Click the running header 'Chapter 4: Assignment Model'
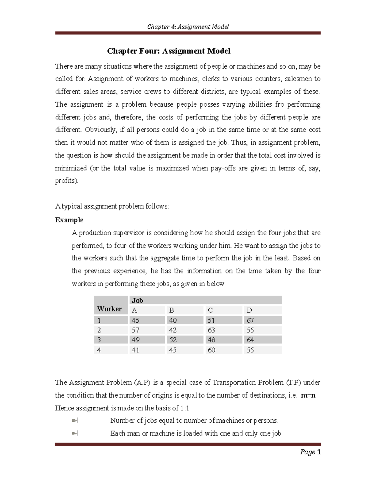tap(188, 27)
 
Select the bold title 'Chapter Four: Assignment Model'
tap(169, 51)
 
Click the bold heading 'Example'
tap(69, 220)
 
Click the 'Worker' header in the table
tap(109, 309)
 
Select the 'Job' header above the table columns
tap(137, 300)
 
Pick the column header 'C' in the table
tap(210, 310)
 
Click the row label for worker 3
tap(99, 340)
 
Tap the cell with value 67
tap(250, 320)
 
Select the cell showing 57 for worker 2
tap(135, 330)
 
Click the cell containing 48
tap(211, 340)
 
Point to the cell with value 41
tap(135, 350)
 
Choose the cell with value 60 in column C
tap(211, 350)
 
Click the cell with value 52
tap(173, 340)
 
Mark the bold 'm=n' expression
tap(308, 395)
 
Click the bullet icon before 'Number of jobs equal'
tap(75, 421)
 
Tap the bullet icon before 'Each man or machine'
tap(75, 433)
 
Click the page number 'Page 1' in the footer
tap(310, 452)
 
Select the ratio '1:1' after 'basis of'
tap(185, 408)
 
